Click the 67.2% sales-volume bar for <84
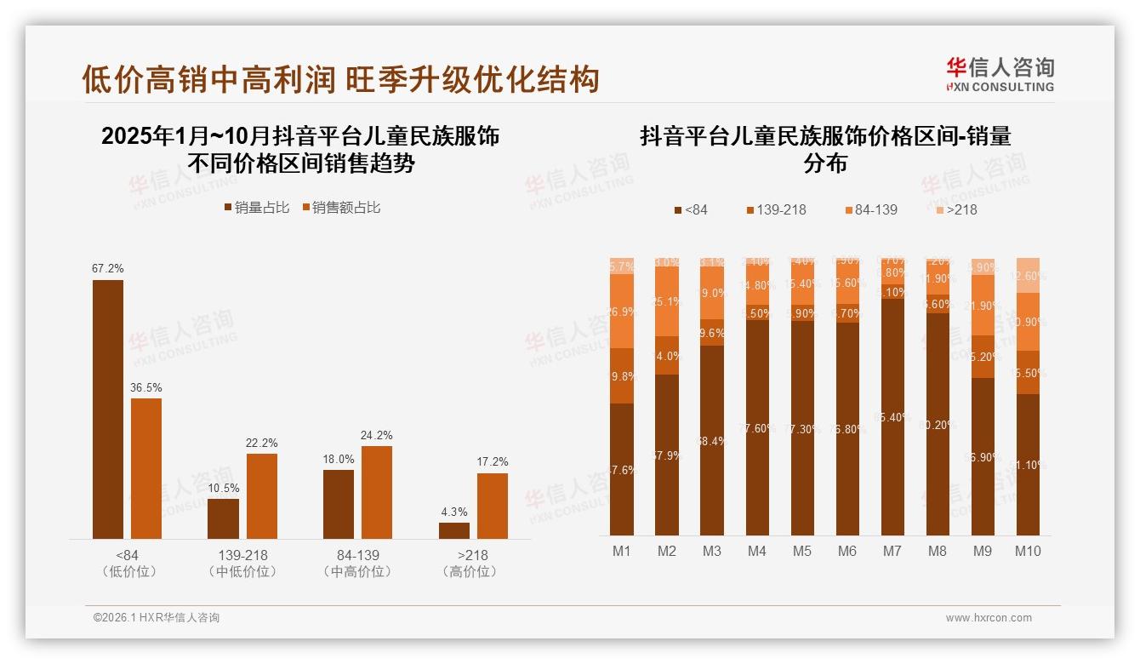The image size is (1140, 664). point(108,409)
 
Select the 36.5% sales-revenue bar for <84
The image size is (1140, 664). point(146,468)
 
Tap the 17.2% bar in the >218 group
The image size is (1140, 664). point(493,506)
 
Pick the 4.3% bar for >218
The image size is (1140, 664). point(454,530)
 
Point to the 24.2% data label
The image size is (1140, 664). point(377,436)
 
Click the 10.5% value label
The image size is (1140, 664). point(224,489)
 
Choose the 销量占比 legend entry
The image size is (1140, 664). point(257,208)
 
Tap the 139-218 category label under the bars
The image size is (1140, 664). point(242,555)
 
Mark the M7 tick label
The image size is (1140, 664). point(892,551)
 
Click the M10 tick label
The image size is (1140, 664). point(1028,551)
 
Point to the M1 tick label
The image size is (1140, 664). point(622,551)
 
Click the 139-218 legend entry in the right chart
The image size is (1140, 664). point(775,209)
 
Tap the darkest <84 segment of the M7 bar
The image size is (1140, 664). point(892,417)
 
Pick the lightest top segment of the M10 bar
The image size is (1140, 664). point(1028,275)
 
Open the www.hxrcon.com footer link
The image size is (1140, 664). point(989,618)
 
